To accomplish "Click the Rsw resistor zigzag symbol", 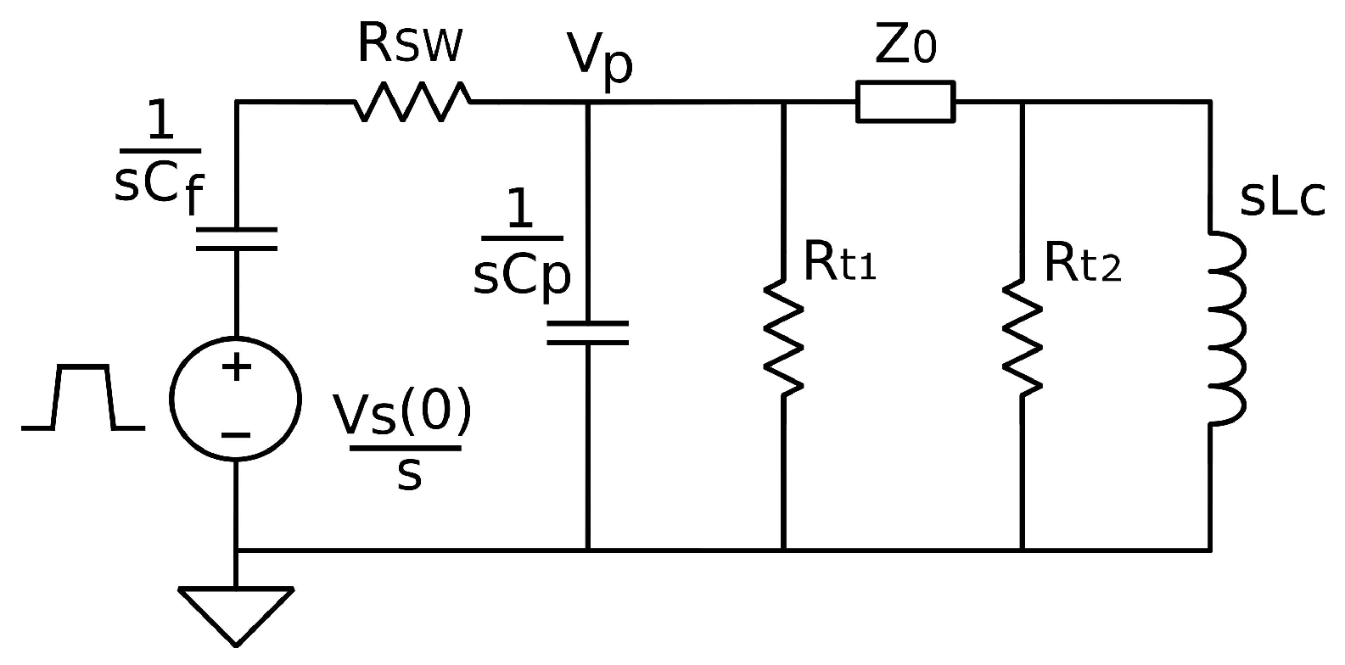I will coord(412,101).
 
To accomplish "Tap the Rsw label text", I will coord(409,44).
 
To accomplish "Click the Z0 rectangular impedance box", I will coord(905,101).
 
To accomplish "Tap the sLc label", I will coord(1281,198).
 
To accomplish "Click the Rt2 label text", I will coord(1082,262).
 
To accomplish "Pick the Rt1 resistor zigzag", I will coord(783,338).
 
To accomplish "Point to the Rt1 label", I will coord(838,262).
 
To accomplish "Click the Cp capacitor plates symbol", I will coord(587,332).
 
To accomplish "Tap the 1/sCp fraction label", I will coord(521,246).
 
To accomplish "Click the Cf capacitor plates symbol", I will coord(236,238).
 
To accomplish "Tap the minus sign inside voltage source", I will coord(236,435).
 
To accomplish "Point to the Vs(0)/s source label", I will coord(403,441).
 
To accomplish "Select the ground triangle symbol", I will coord(236,612).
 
